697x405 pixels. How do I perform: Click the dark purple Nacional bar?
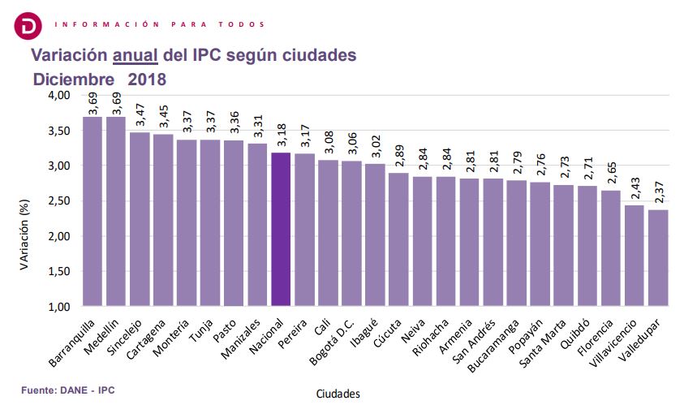click(x=280, y=229)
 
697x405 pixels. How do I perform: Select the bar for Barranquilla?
click(x=93, y=211)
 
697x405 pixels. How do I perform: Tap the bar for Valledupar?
click(x=657, y=257)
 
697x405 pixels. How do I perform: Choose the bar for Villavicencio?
click(x=634, y=255)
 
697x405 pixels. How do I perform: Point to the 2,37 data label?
click(x=658, y=193)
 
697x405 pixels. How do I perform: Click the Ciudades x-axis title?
click(x=338, y=393)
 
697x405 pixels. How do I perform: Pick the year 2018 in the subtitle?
click(x=147, y=80)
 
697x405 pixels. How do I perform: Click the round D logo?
click(x=29, y=24)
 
